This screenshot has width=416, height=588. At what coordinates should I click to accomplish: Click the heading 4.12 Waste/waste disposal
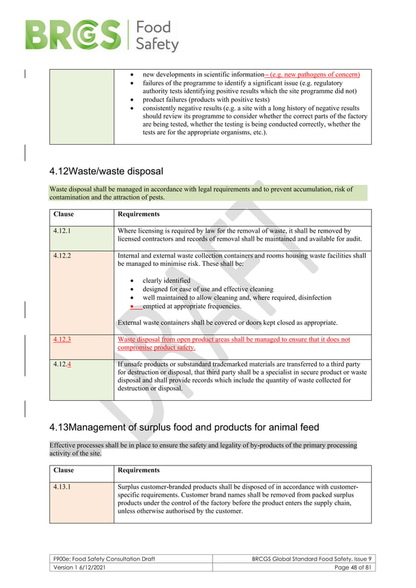click(x=106, y=171)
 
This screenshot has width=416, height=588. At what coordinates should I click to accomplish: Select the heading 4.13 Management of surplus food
click(x=184, y=428)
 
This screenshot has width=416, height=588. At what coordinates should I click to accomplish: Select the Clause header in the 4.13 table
click(x=63, y=470)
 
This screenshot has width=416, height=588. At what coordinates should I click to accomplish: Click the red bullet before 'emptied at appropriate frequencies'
click(x=132, y=306)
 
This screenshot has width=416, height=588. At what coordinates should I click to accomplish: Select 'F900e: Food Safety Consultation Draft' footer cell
click(x=104, y=559)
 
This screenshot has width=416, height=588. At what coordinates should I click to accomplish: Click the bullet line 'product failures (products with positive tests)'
click(x=205, y=100)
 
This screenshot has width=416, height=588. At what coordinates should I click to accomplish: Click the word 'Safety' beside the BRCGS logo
click(x=156, y=44)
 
